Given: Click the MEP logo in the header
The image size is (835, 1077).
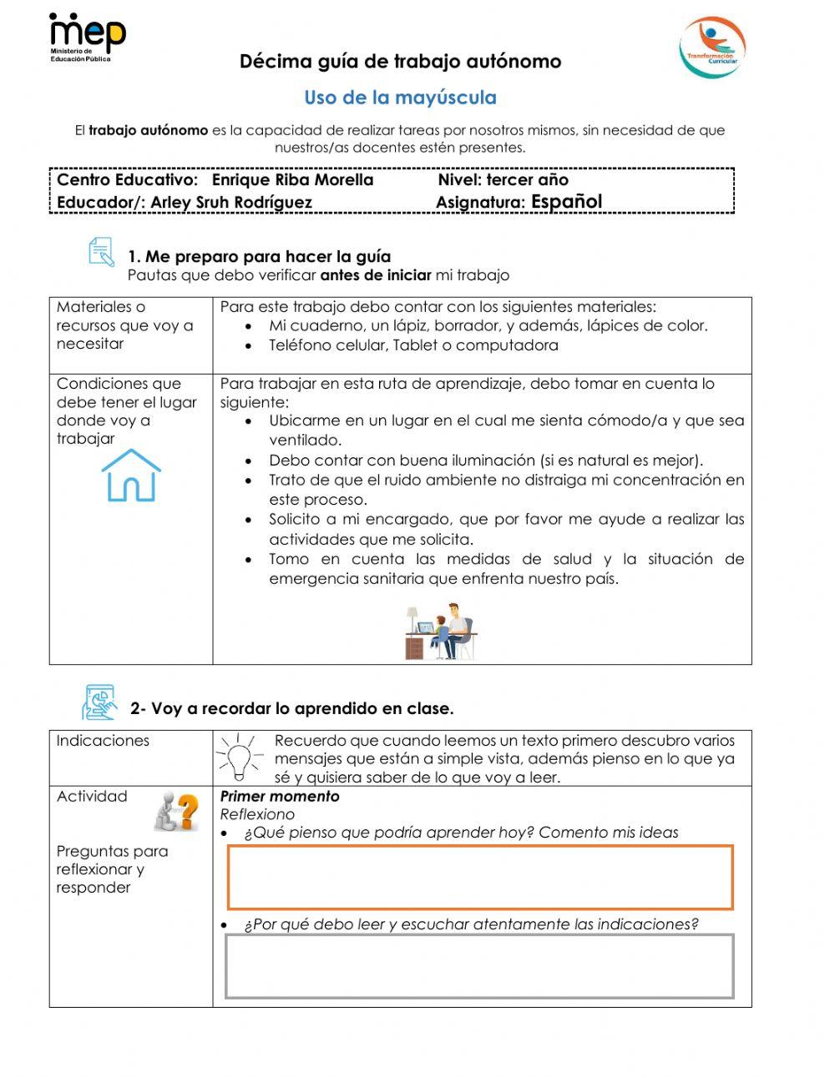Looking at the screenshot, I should [87, 38].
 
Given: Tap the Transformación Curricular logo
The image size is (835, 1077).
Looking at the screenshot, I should [711, 47].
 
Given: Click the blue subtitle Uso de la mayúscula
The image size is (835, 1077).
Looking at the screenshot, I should [400, 98].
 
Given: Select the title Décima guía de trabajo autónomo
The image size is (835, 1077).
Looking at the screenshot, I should [400, 61].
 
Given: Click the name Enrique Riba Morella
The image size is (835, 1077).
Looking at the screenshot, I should [292, 179].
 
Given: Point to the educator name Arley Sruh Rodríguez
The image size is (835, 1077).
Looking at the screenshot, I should [231, 202].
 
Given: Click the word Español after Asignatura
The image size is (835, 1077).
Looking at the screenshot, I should [566, 201].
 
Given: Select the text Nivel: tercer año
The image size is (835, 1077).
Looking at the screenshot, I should [503, 179].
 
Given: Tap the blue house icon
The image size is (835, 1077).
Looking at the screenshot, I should [131, 476].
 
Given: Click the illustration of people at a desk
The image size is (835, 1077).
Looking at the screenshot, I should [441, 632].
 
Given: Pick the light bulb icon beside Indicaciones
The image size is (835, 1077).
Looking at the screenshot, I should [239, 757].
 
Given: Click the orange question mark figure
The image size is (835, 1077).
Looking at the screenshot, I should [178, 812].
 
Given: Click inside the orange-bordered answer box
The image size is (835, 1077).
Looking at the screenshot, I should [480, 877].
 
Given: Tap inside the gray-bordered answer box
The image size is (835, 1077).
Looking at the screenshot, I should [480, 966].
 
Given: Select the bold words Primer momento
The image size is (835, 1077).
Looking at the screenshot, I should [280, 796].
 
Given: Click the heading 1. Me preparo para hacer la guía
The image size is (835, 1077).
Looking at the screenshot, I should [259, 256].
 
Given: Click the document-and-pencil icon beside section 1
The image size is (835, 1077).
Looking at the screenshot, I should [101, 252].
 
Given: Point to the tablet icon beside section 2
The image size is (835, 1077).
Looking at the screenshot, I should [99, 702].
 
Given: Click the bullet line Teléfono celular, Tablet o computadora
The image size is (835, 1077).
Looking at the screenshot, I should [413, 345].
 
